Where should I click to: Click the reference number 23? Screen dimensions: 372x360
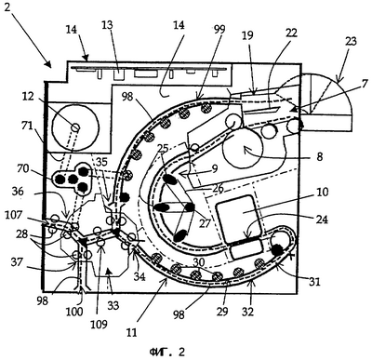350,42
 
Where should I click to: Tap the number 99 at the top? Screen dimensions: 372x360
219,31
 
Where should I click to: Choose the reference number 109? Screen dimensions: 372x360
99,324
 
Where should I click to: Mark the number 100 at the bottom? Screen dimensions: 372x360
73,311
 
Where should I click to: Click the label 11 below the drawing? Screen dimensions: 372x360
131,332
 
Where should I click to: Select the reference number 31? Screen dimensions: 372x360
313,281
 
